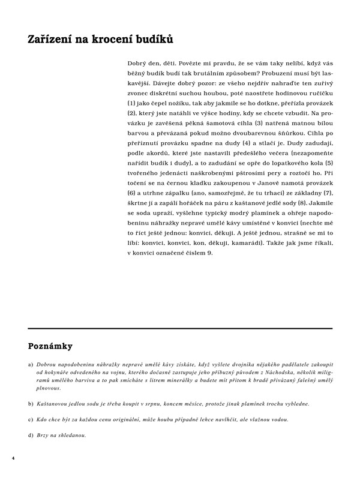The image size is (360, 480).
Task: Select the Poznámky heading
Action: pyautogui.click(x=50, y=346)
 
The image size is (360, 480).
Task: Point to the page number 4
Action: pyautogui.click(x=13, y=458)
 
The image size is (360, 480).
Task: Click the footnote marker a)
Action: pyautogui.click(x=31, y=365)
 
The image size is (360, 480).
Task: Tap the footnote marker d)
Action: pyautogui.click(x=31, y=434)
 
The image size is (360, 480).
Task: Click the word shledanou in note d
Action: pyautogui.click(x=73, y=434)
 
